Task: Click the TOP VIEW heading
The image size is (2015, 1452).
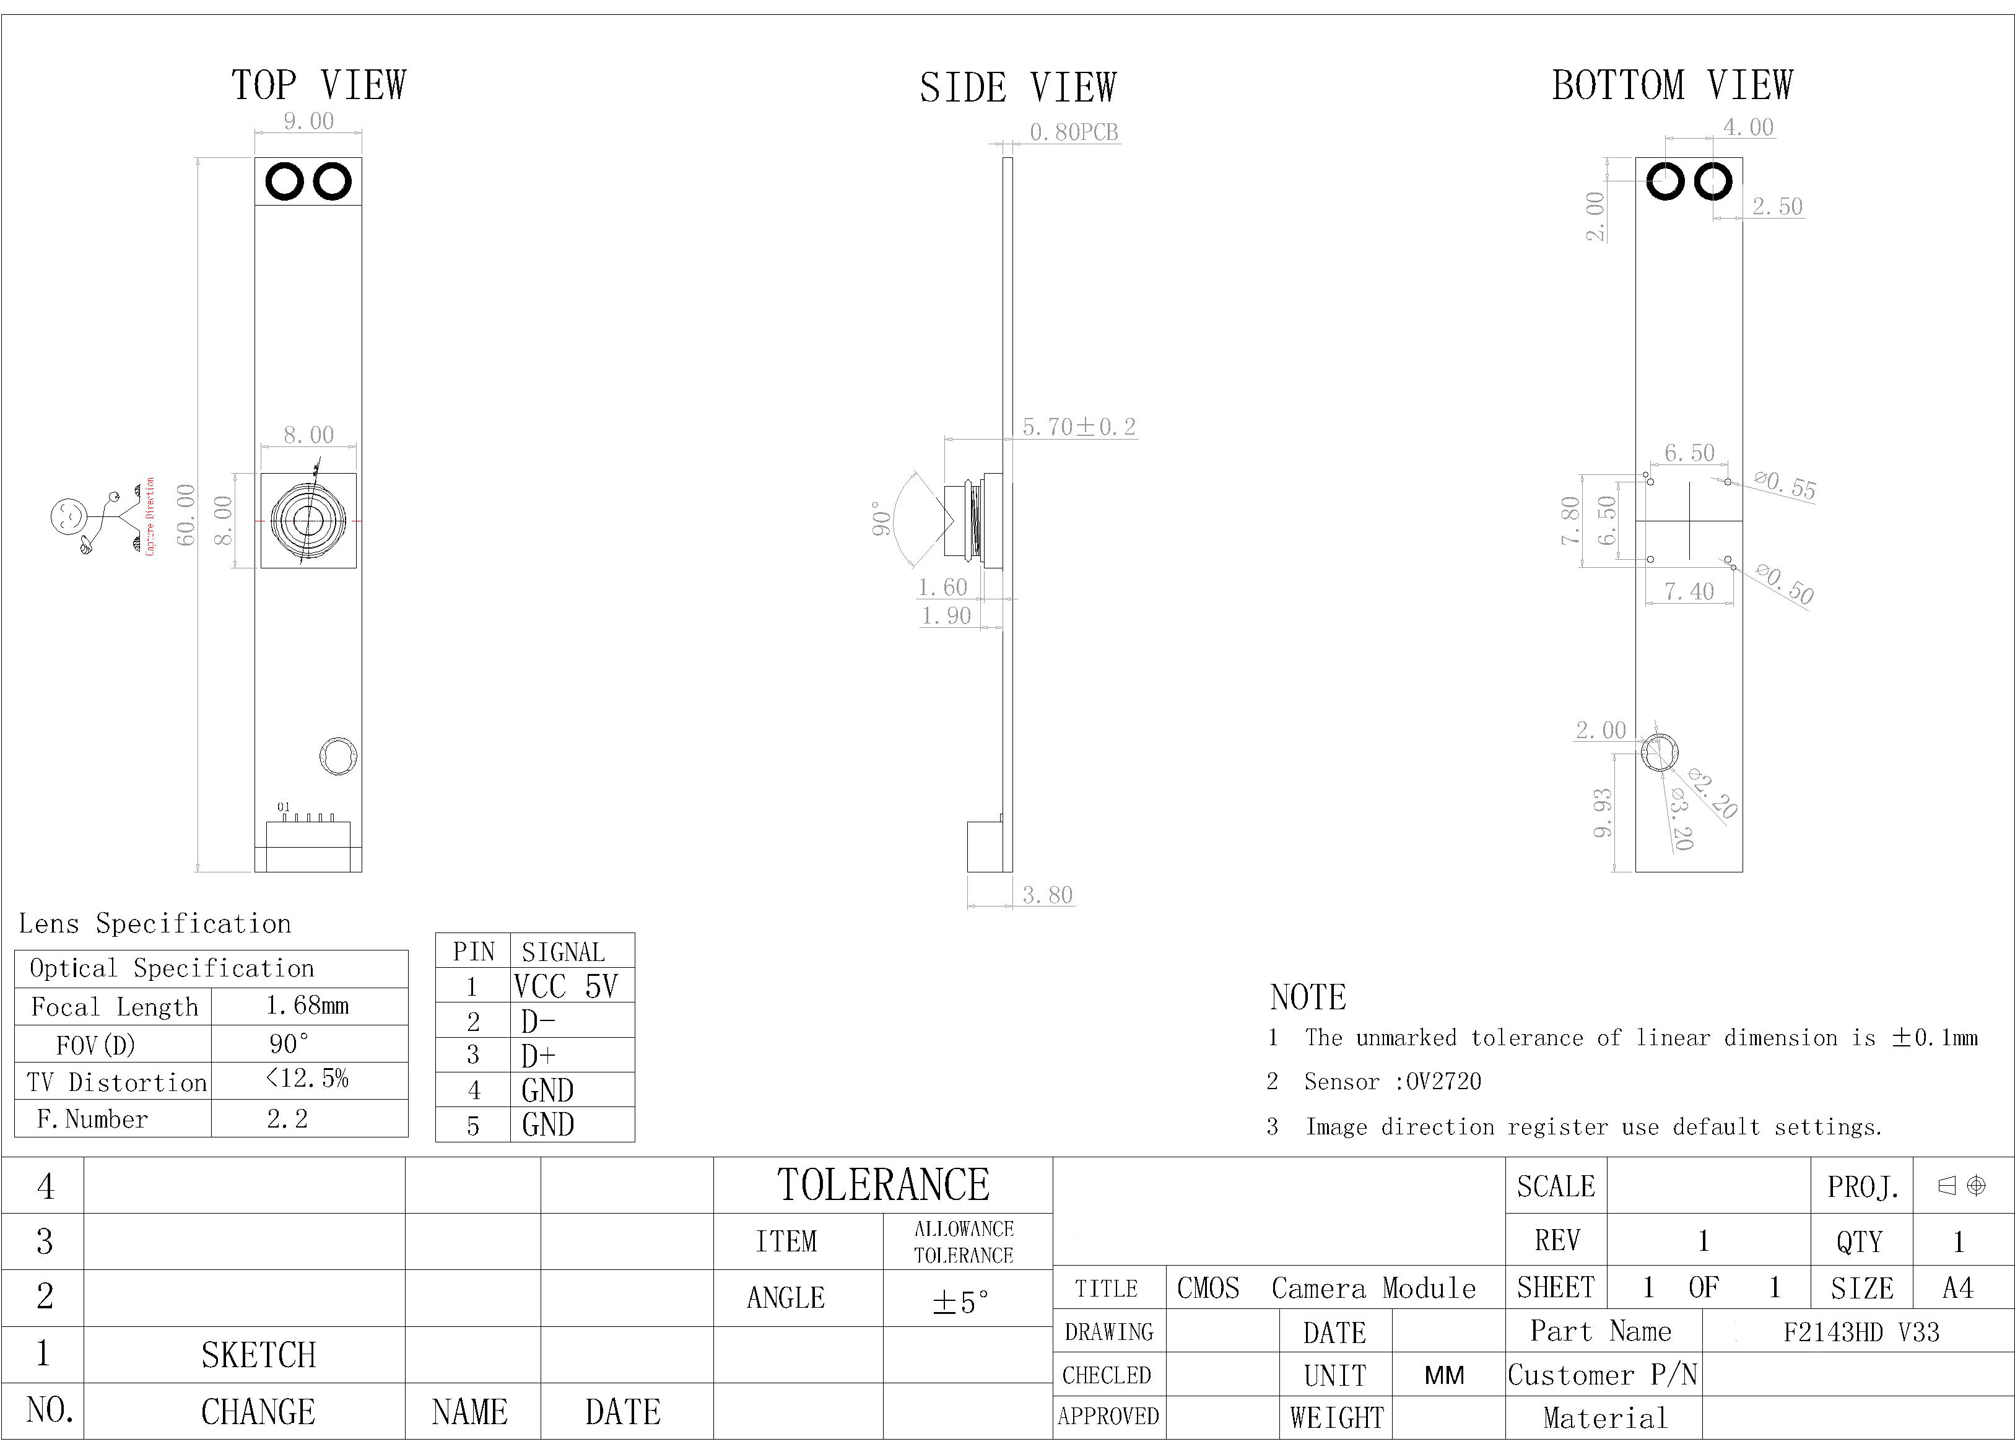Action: pos(318,85)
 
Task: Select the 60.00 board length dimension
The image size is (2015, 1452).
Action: pos(186,515)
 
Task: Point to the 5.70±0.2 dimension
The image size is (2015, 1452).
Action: pos(1079,427)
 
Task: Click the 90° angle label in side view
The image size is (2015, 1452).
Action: pos(881,519)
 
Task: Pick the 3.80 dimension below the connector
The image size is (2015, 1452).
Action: pos(1048,895)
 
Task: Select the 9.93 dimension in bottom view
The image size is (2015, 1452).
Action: pos(1603,813)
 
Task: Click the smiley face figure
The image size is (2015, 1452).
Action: pos(67,516)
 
